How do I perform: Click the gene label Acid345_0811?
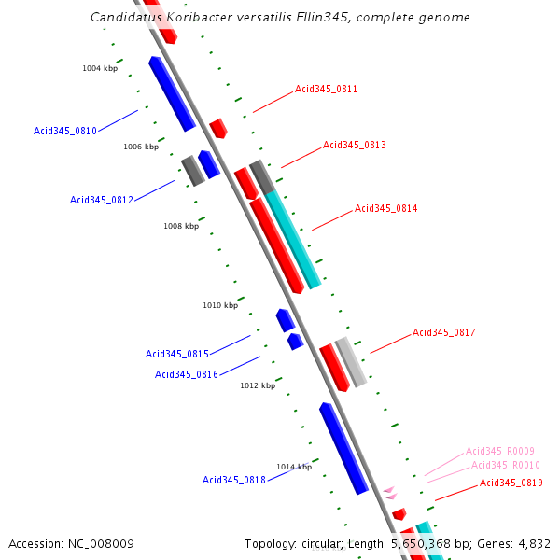[x=326, y=90]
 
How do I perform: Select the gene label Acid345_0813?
[x=354, y=146]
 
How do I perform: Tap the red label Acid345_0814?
[x=385, y=209]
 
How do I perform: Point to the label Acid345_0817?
[x=444, y=333]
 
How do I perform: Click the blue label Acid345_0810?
[x=65, y=132]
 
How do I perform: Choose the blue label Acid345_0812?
[x=102, y=201]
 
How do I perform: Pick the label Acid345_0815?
[x=177, y=355]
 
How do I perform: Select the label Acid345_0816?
[x=187, y=375]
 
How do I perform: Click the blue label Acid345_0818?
[x=234, y=481]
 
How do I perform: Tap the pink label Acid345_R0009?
[x=500, y=452]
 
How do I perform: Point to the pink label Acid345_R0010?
[x=506, y=466]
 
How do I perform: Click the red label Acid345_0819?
[x=511, y=483]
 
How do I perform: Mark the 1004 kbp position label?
[x=100, y=68]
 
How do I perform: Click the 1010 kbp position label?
[x=220, y=305]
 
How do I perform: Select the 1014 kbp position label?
[x=293, y=467]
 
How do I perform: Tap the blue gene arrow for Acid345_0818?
[x=343, y=448]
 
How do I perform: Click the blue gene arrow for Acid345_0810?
[x=172, y=93]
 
